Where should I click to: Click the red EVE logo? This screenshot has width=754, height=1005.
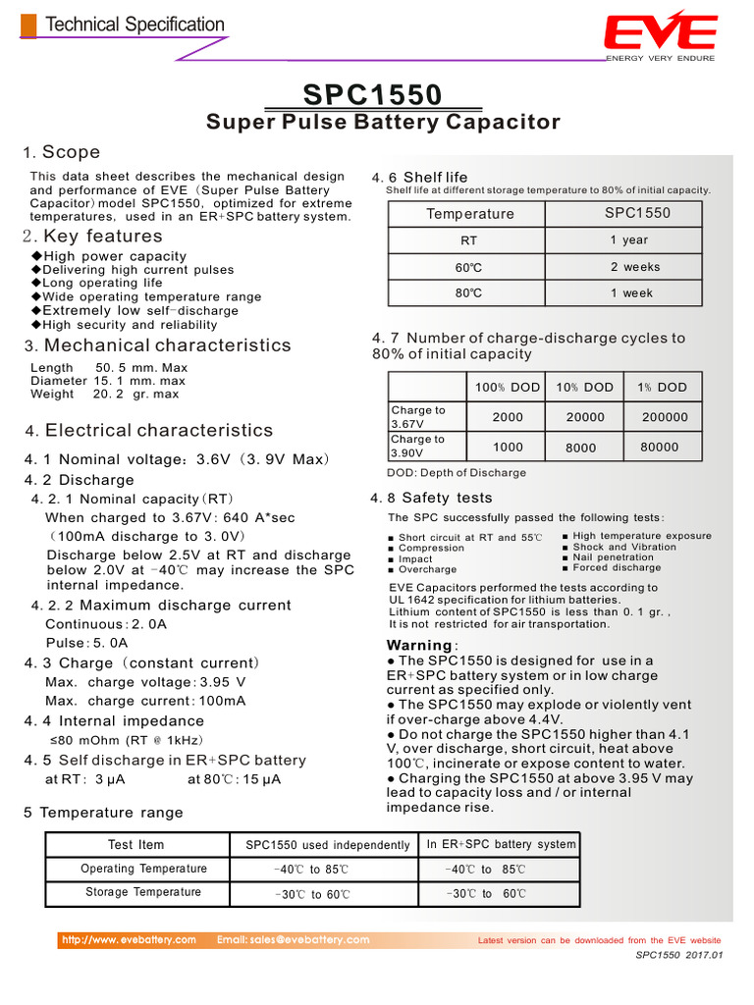(660, 32)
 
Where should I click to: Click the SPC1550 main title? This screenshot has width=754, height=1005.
(373, 95)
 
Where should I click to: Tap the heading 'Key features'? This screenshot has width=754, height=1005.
(103, 237)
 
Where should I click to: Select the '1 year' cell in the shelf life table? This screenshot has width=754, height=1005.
(629, 240)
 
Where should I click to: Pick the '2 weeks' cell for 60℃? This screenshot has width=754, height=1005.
(635, 267)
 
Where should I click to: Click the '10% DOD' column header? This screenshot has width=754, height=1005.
(585, 388)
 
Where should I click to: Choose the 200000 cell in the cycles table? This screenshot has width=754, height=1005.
(665, 417)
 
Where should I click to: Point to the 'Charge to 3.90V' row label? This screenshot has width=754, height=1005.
(418, 447)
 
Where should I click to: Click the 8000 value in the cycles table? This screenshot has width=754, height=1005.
(580, 448)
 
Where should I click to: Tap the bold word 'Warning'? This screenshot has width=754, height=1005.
(419, 646)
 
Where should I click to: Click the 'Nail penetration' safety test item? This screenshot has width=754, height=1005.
(613, 557)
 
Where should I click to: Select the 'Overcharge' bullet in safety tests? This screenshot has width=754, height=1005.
(427, 569)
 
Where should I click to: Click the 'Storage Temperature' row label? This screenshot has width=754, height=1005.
(143, 892)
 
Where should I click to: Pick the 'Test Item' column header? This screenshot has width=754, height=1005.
(136, 845)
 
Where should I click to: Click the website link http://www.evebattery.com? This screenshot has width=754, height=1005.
(129, 940)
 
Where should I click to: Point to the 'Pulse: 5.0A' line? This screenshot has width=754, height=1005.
(86, 643)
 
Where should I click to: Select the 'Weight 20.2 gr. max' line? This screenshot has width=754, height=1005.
(105, 395)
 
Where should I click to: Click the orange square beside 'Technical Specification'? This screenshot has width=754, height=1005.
(29, 26)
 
